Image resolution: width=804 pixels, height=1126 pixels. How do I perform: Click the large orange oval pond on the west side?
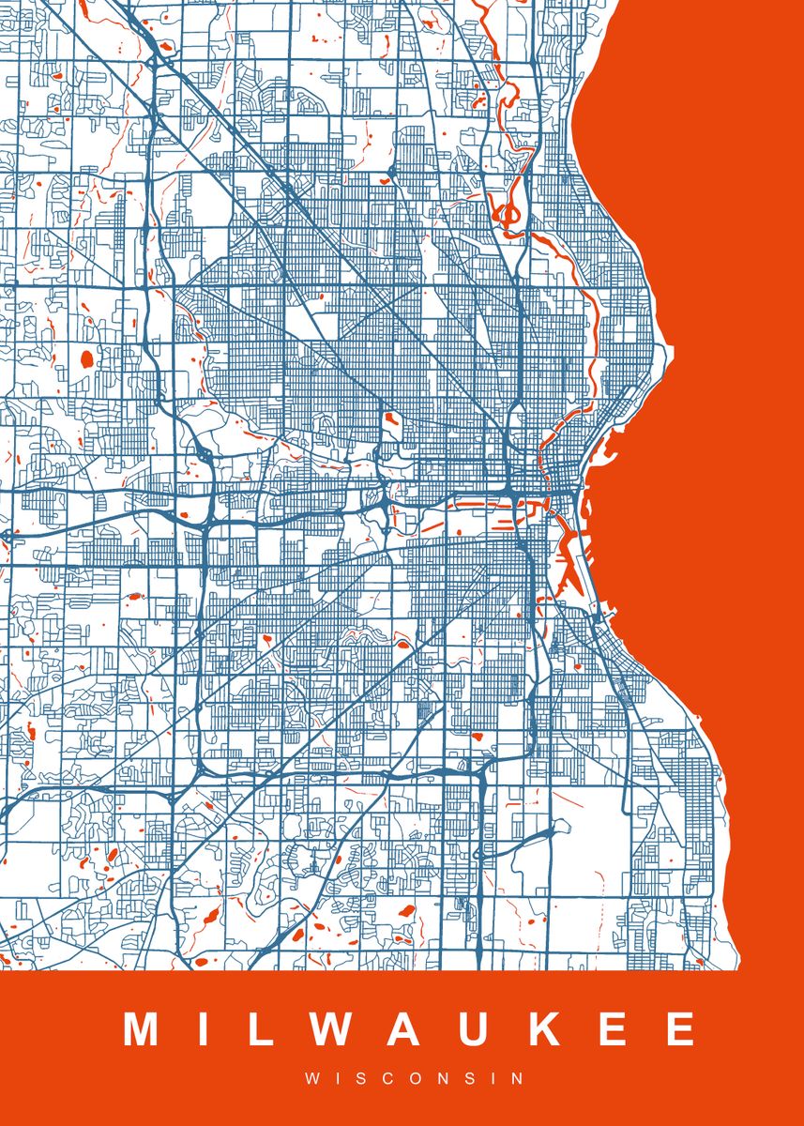[88, 358]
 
